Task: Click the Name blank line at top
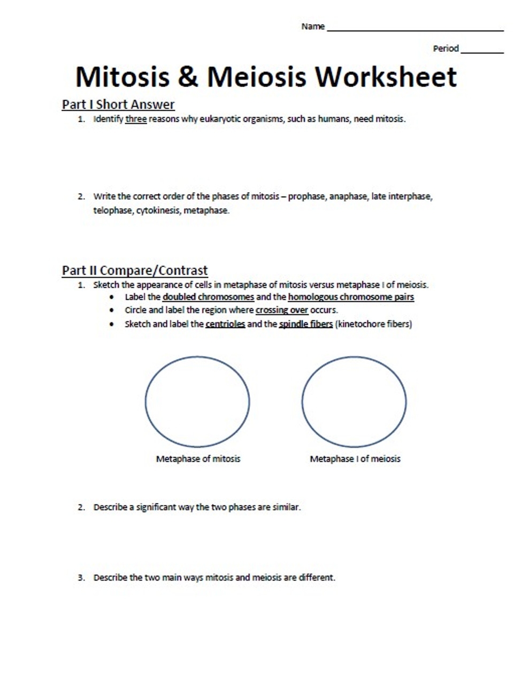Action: click(x=415, y=30)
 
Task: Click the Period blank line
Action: click(x=481, y=52)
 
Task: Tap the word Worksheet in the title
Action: click(x=386, y=77)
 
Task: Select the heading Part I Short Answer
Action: click(x=118, y=104)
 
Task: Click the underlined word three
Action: click(x=136, y=119)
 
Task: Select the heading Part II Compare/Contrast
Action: click(x=135, y=270)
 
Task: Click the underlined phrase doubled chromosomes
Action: click(x=208, y=297)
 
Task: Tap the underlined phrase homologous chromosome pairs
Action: click(x=351, y=297)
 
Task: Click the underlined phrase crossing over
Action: click(x=282, y=310)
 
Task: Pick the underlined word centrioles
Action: click(x=225, y=324)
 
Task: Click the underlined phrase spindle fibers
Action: click(x=306, y=324)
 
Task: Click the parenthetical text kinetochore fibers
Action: click(x=373, y=324)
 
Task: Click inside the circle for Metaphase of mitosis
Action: click(x=197, y=401)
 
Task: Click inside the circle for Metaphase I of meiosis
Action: click(x=354, y=401)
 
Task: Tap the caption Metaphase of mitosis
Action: click(x=198, y=459)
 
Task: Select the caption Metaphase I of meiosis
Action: click(x=355, y=459)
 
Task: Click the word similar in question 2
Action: click(x=286, y=507)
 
